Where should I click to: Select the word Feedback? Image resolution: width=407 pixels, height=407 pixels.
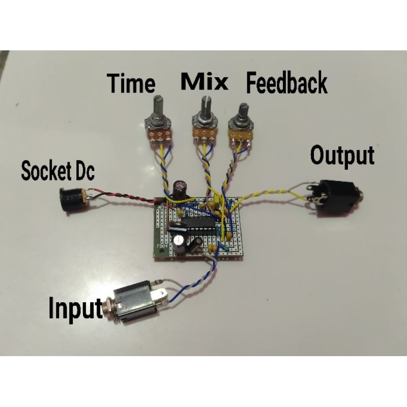tap(286, 82)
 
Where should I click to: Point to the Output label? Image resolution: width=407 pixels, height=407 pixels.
tap(342, 155)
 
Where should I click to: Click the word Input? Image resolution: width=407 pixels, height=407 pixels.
tap(75, 309)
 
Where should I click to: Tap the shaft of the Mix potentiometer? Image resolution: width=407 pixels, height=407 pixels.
tap(206, 106)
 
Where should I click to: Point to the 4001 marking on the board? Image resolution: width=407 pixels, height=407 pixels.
tap(162, 246)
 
